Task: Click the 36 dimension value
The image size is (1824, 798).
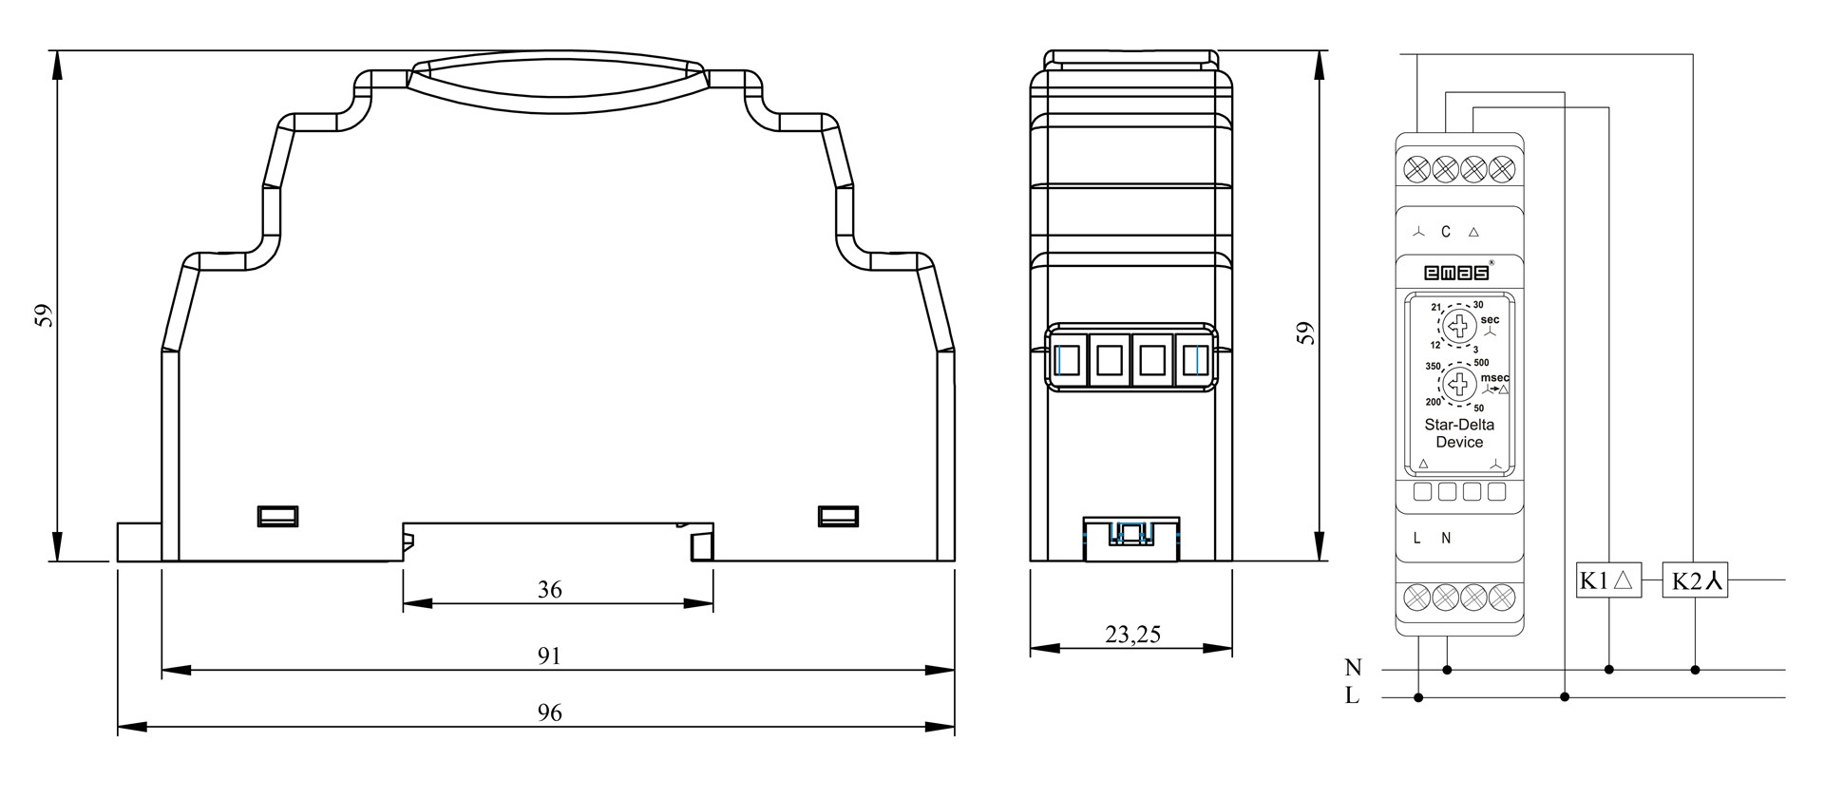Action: (549, 590)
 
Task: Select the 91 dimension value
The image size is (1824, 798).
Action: (549, 655)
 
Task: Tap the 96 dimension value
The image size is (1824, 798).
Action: (549, 712)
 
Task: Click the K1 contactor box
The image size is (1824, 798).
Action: (1609, 580)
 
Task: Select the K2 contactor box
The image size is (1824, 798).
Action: (1696, 580)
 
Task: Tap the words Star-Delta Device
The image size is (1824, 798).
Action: (1459, 433)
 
